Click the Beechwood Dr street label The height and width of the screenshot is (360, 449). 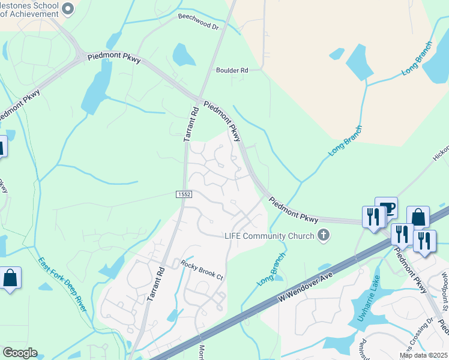(x=199, y=22)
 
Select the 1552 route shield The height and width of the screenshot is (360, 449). (x=184, y=194)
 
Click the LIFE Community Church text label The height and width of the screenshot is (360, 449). (x=270, y=236)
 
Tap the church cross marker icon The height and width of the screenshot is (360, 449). (x=324, y=235)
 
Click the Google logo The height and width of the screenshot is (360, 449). (x=20, y=353)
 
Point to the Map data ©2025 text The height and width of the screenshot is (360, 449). (x=423, y=355)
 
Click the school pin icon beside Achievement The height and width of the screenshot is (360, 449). (x=67, y=8)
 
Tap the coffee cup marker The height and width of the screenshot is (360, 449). (x=386, y=208)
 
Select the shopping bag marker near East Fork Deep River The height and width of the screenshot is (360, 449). (x=10, y=278)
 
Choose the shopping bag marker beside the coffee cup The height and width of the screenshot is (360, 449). (x=418, y=217)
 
